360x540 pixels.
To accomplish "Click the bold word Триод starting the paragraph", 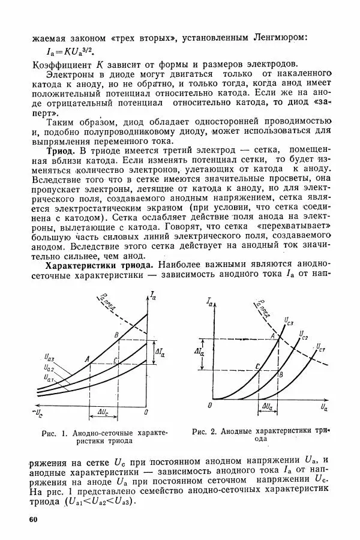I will tap(60, 148).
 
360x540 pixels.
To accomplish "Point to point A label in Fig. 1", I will tap(87, 359).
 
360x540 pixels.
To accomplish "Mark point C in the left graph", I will tap(116, 360).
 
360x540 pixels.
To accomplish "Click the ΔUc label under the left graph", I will tap(103, 412).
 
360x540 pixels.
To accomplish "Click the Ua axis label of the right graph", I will tap(324, 407).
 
